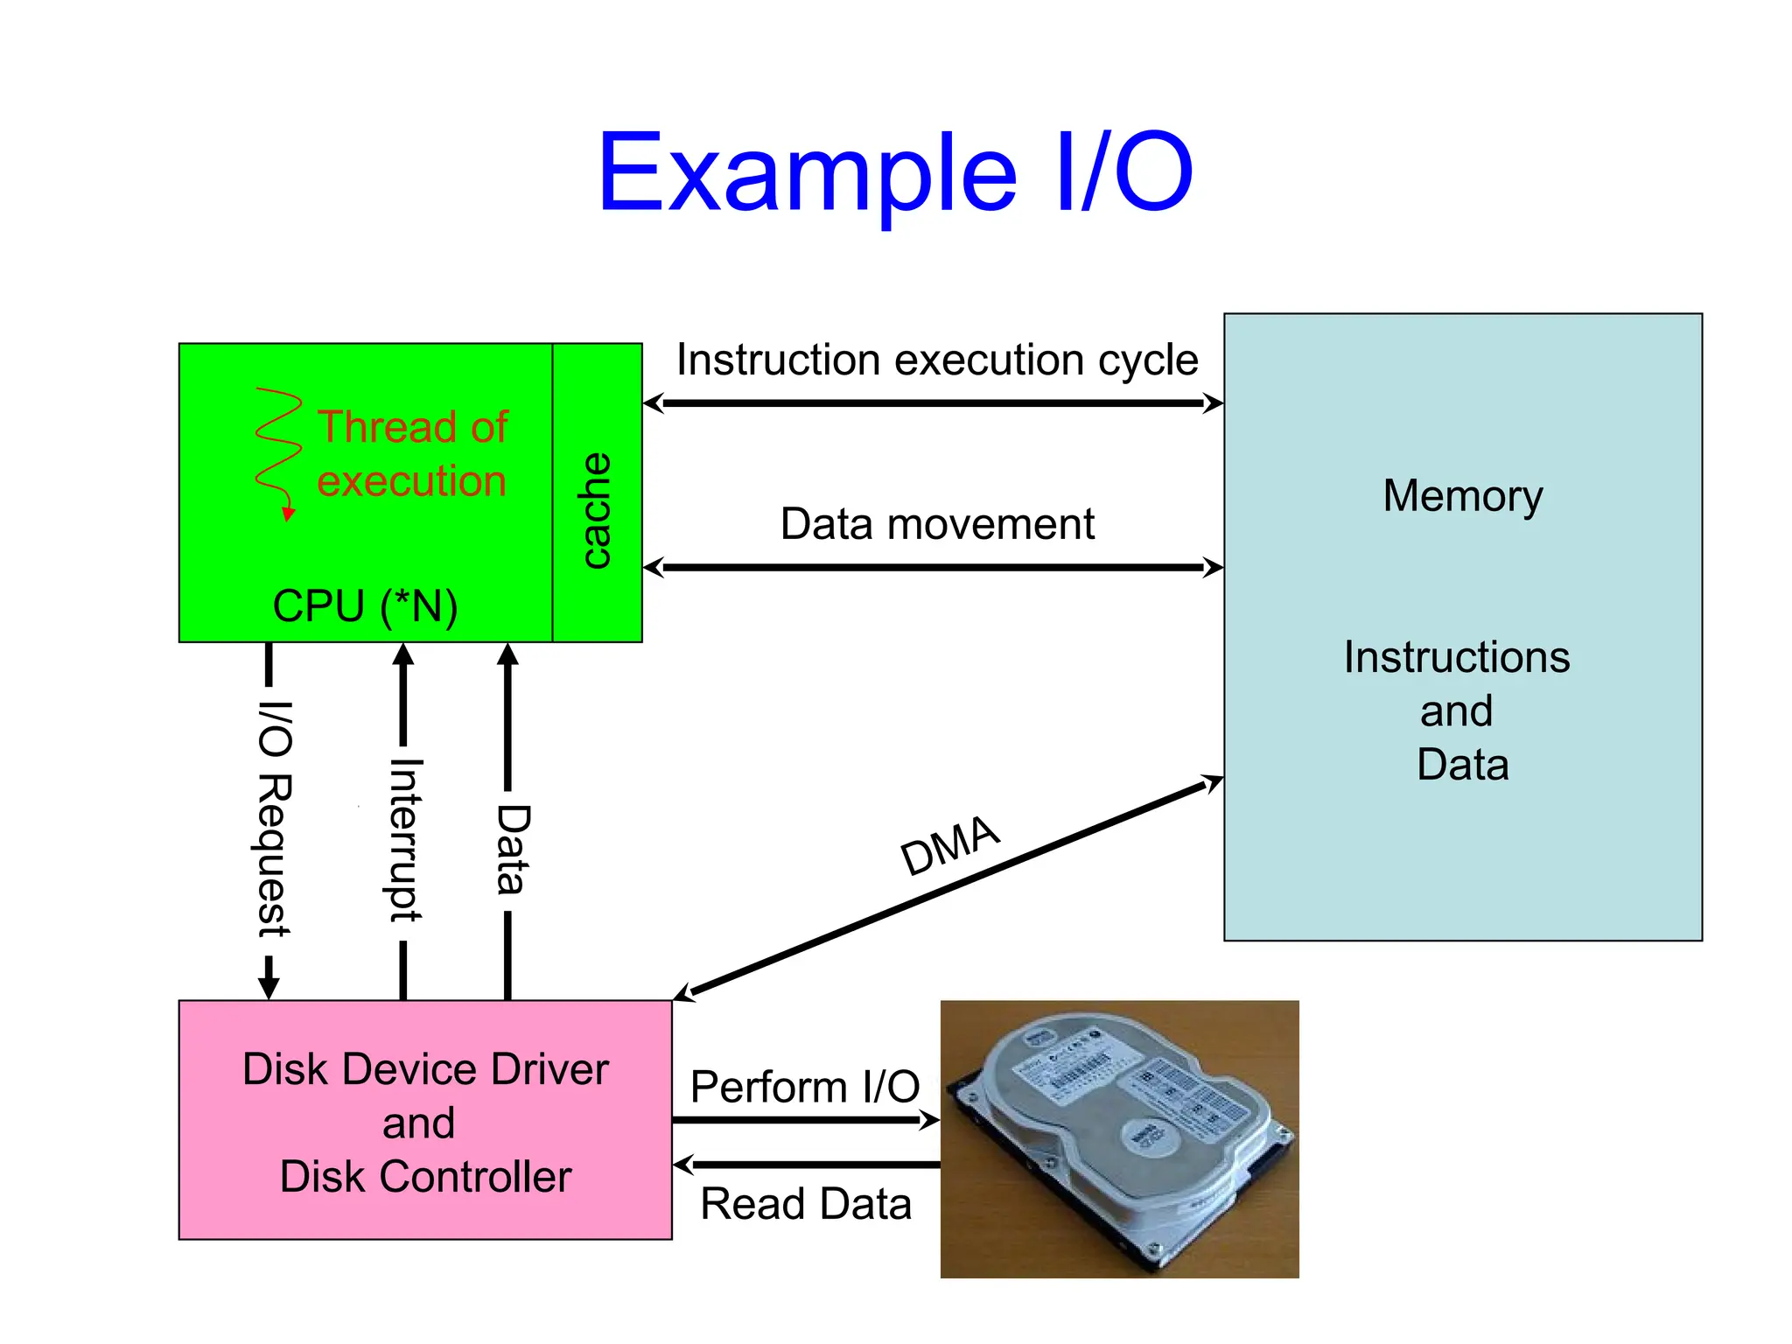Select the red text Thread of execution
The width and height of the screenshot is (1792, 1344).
412,454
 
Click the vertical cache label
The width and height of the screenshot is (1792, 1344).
596,510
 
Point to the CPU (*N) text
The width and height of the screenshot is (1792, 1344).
365,605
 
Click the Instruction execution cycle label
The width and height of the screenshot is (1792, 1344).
936,360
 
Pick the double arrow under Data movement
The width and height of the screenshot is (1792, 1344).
933,568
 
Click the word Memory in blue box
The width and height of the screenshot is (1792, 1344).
1462,495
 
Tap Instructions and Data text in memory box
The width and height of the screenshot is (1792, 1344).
1458,710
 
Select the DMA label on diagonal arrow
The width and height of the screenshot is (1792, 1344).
949,844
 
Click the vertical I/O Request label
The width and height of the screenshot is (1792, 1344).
274,818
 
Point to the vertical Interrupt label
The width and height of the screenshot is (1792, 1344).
405,840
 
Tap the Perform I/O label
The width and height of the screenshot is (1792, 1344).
804,1087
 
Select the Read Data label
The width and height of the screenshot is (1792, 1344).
806,1204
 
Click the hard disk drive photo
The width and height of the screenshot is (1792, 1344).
1119,1138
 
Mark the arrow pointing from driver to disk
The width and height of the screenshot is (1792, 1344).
805,1120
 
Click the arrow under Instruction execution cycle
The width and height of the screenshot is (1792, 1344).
933,403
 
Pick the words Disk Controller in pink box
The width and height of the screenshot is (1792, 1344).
425,1177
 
